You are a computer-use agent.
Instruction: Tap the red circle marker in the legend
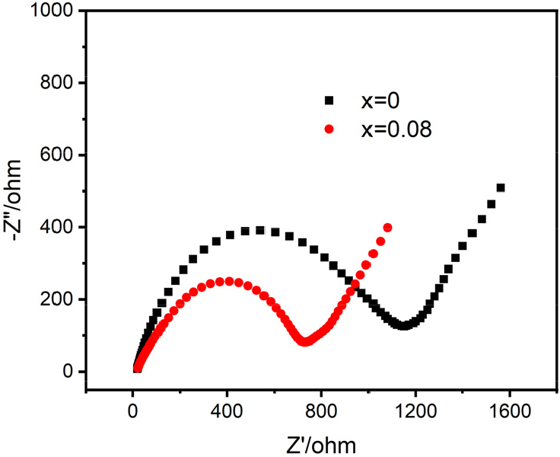click(329, 129)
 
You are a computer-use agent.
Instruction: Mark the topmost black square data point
click(501, 187)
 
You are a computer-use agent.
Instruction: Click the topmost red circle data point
click(388, 228)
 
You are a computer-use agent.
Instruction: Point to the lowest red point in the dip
click(305, 341)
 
